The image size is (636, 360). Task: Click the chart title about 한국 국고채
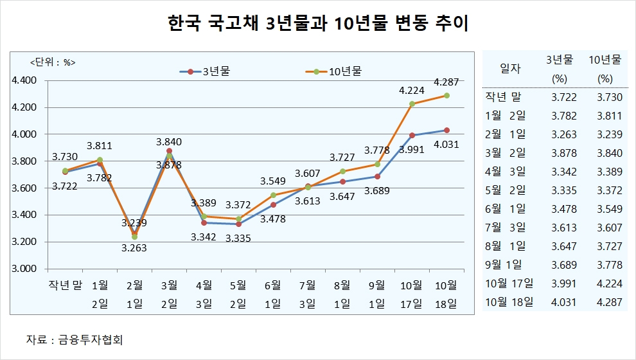point(317,25)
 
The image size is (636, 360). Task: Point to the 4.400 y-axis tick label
point(25,80)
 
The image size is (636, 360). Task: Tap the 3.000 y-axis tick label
point(25,269)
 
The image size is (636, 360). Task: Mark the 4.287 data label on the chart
point(446,82)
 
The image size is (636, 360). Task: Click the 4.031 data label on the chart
point(446,145)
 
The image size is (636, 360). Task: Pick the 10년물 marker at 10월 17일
point(412,104)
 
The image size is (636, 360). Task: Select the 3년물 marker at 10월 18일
point(446,130)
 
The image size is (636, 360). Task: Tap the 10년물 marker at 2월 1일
point(134,237)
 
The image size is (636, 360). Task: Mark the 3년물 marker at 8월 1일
point(342,182)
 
